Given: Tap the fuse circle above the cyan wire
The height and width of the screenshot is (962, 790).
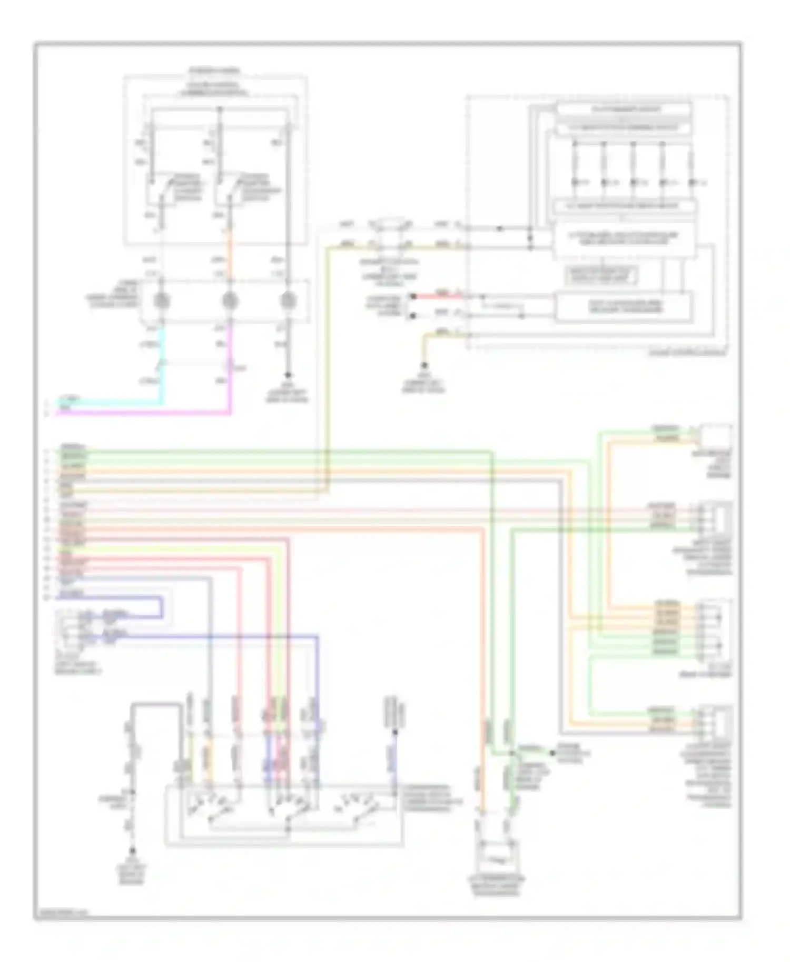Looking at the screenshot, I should point(161,301).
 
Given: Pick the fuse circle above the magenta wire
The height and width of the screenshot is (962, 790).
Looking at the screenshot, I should point(230,301).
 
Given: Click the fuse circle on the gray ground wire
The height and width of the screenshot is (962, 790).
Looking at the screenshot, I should point(288,301).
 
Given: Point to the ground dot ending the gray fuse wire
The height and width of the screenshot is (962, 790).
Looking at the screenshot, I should point(288,375).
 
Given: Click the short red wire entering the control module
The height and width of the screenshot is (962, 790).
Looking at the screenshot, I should point(437,296).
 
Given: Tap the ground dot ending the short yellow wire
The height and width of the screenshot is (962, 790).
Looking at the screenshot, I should point(423,365).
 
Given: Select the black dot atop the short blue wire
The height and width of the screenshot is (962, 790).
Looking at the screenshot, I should point(395,732).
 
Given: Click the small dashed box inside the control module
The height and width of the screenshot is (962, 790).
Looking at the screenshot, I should point(600,275).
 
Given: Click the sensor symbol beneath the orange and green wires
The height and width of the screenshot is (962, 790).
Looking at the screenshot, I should point(496,855).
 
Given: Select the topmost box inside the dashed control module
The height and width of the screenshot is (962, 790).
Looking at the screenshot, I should point(624,109).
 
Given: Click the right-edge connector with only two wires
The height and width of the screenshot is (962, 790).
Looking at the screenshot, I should point(716,436).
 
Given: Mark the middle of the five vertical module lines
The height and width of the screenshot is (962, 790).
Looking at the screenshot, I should point(633,163).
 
